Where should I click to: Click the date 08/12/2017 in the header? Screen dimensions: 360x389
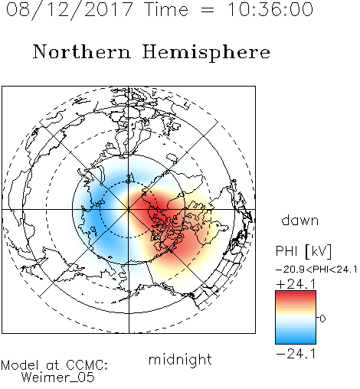pyautogui.click(x=69, y=10)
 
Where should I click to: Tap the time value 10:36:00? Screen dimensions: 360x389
pyautogui.click(x=270, y=10)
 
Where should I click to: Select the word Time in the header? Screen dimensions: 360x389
pyautogui.click(x=166, y=10)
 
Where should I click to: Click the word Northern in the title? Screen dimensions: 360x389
pyautogui.click(x=82, y=51)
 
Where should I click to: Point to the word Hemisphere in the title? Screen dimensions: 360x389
pyautogui.click(x=206, y=52)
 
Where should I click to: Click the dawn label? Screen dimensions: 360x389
pyautogui.click(x=300, y=220)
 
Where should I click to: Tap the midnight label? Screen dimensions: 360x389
pyautogui.click(x=180, y=360)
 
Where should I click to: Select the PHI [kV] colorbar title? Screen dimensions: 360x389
pyautogui.click(x=303, y=251)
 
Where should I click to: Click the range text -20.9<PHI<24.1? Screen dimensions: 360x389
pyautogui.click(x=316, y=270)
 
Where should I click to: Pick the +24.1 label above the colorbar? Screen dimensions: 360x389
pyautogui.click(x=296, y=284)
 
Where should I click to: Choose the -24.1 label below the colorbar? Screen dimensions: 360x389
pyautogui.click(x=296, y=354)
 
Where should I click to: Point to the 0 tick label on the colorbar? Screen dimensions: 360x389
pyautogui.click(x=322, y=319)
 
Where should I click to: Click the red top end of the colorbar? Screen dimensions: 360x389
pyautogui.click(x=296, y=293)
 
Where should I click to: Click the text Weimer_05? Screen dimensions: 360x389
pyautogui.click(x=58, y=378)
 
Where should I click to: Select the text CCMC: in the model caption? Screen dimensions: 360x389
pyautogui.click(x=87, y=365)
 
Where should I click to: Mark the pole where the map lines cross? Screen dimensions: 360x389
pyautogui.click(x=129, y=209)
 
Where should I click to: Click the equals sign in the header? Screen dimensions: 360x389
pyautogui.click(x=207, y=11)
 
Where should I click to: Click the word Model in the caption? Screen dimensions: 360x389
pyautogui.click(x=20, y=365)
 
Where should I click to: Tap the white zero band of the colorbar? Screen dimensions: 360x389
pyautogui.click(x=296, y=318)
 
